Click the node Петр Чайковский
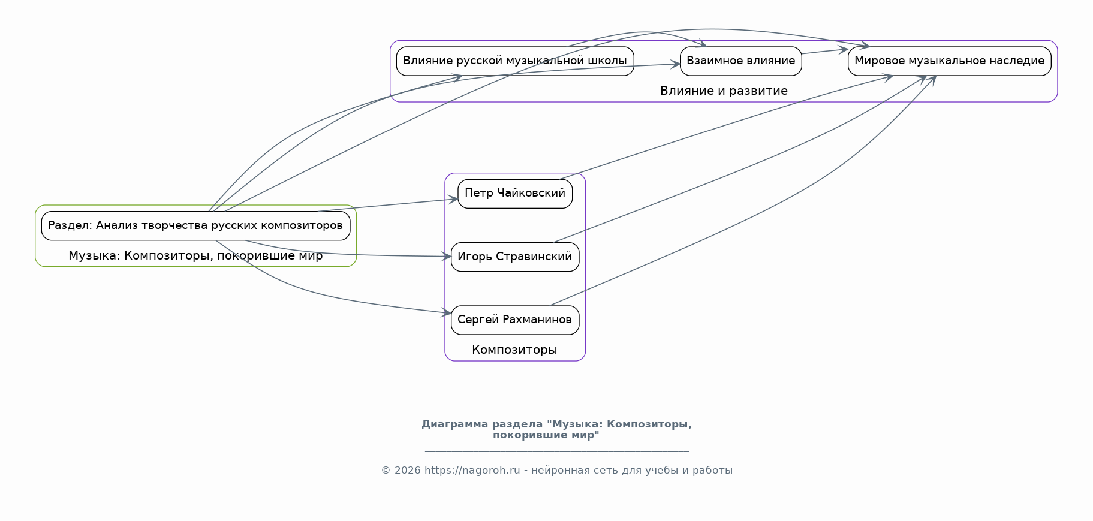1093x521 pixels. point(514,194)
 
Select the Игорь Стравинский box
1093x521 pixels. point(514,257)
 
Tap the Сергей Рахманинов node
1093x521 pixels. point(514,320)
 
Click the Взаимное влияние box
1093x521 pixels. point(740,61)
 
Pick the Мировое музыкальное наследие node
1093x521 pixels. point(949,61)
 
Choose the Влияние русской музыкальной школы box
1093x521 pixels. point(514,61)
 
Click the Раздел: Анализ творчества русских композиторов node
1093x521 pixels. point(195,226)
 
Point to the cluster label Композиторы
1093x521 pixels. point(514,350)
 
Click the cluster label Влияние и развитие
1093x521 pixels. point(724,91)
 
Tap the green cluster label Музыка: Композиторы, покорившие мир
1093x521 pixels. point(195,256)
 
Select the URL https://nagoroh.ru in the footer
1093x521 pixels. point(472,471)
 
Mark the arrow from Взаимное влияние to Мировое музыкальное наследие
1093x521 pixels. point(824,52)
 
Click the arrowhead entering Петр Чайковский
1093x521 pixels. point(454,199)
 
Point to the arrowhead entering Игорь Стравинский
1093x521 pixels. point(447,257)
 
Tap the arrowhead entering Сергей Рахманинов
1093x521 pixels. point(447,313)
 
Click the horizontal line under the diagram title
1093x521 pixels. point(556,451)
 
